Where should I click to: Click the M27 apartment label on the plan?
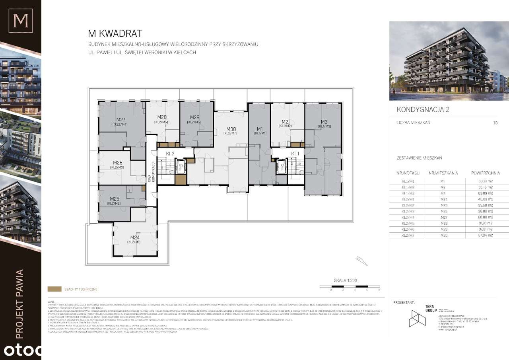point(121,119)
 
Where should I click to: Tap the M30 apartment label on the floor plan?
point(231,129)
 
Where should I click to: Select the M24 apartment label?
point(134,237)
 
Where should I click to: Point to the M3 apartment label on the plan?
point(324,122)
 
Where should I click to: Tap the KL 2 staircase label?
point(171,153)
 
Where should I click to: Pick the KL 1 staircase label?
point(295,153)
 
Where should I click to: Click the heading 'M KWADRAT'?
point(115,33)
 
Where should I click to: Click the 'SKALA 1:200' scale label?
point(345,280)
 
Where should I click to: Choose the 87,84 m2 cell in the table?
point(485,235)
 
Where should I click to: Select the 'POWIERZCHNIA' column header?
point(485,173)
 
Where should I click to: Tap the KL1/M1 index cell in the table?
point(408,181)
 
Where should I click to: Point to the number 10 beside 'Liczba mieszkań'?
point(495,123)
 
